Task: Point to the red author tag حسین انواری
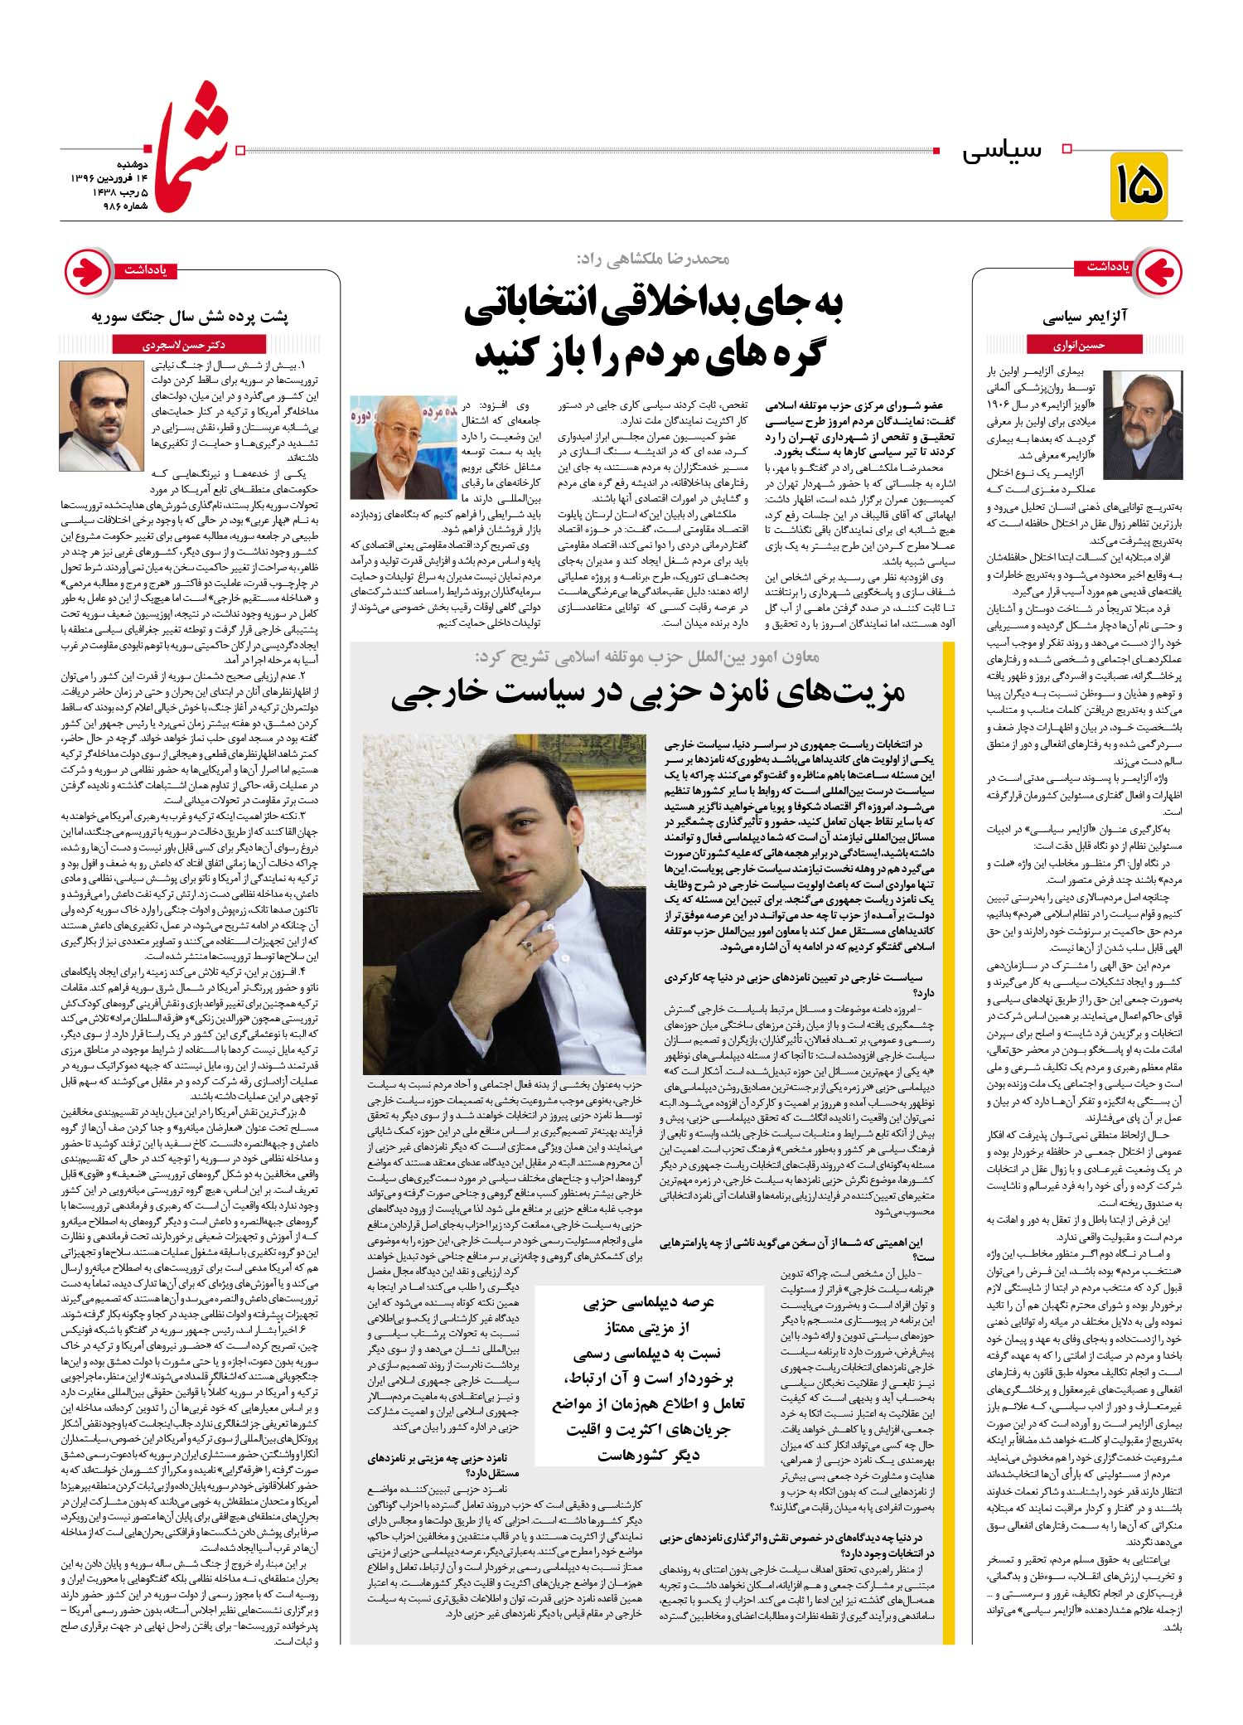tap(1077, 345)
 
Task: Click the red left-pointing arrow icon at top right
tap(1158, 272)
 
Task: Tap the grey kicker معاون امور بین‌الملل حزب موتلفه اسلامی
tap(646, 657)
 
